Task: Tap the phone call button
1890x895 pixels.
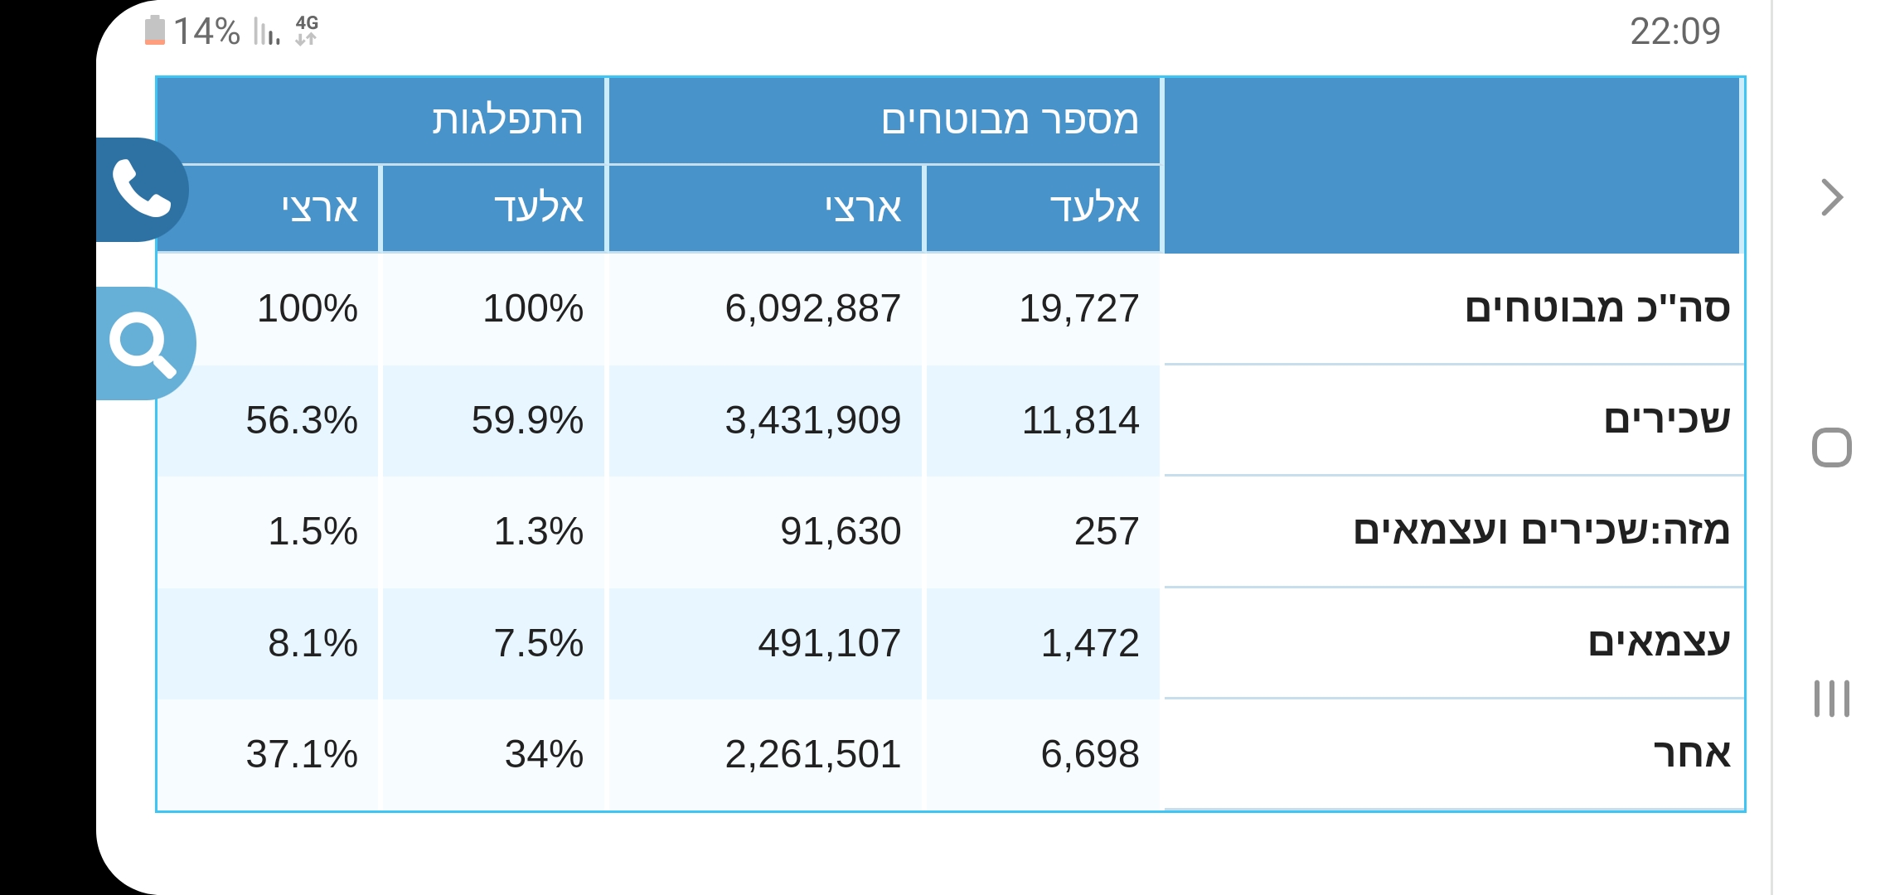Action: point(142,189)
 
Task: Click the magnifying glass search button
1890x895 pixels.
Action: point(144,343)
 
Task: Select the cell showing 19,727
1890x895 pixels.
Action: point(1078,308)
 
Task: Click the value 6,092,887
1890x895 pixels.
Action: point(812,308)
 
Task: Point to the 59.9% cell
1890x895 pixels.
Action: point(527,420)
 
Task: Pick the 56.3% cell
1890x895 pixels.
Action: point(302,420)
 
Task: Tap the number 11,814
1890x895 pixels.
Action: point(1080,420)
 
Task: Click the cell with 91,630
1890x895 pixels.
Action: point(841,531)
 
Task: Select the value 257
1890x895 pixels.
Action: point(1107,531)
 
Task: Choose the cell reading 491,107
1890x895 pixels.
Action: point(829,643)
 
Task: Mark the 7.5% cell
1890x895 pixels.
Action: point(539,643)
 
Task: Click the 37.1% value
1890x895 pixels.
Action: point(302,754)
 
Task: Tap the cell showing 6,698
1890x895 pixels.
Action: point(1090,754)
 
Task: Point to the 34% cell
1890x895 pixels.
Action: point(544,754)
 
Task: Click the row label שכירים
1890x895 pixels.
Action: point(1667,419)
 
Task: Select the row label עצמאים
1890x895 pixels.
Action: point(1660,642)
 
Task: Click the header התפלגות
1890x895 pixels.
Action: point(507,120)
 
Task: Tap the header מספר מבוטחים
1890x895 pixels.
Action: point(1010,120)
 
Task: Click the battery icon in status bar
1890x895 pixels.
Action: point(155,31)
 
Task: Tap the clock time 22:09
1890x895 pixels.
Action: point(1675,31)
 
